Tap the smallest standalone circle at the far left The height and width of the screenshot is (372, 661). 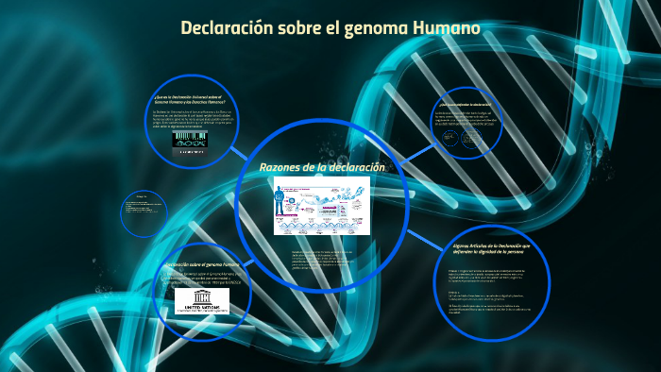click(144, 213)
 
